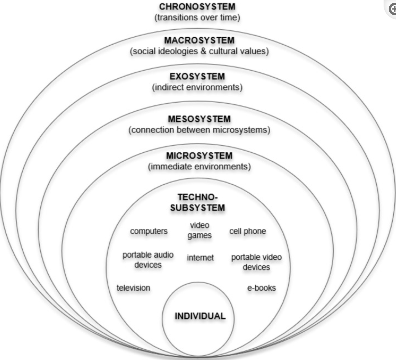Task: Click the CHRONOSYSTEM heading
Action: [197, 7]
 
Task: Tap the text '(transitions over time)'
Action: [197, 17]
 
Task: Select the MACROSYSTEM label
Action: [199, 40]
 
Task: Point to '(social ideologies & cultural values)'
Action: [199, 51]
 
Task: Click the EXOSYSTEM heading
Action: [197, 76]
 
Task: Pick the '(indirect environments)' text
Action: [197, 87]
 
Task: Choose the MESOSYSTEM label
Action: [199, 119]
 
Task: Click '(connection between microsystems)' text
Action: [199, 130]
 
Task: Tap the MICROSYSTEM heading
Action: [199, 156]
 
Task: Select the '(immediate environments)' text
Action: [199, 167]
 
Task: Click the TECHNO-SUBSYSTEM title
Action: [198, 202]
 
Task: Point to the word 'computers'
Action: [149, 231]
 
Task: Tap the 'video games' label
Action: [199, 230]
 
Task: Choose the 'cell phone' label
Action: [248, 231]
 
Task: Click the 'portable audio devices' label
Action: [148, 260]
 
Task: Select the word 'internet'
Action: [200, 258]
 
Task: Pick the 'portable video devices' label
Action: [257, 262]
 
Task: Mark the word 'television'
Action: [133, 288]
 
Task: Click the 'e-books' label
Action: [262, 288]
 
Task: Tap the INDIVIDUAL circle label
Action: [200, 316]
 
